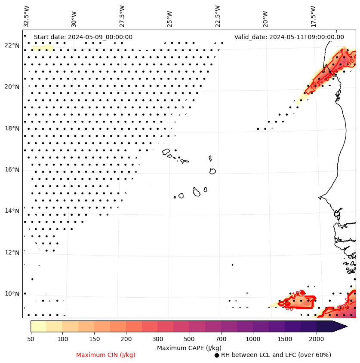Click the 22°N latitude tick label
tap(12, 46)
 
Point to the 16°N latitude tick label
tap(12, 170)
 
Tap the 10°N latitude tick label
tap(12, 294)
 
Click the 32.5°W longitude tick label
tap(27, 16)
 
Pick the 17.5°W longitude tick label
tap(313, 16)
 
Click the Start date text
tap(83, 37)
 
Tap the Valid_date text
tap(289, 37)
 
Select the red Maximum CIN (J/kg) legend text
tap(106, 355)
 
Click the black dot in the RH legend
tap(217, 355)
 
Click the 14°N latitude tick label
tap(12, 211)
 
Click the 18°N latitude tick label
tap(12, 128)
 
